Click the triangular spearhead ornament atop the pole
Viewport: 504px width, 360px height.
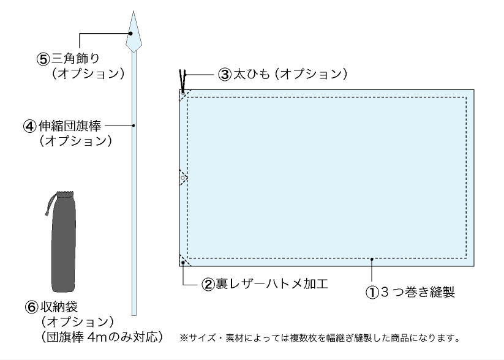click(134, 34)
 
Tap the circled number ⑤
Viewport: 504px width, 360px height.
click(43, 59)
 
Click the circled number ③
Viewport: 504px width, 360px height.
click(224, 75)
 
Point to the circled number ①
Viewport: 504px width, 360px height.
click(373, 292)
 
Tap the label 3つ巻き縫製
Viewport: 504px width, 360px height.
click(418, 292)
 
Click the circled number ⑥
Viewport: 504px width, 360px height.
click(43, 306)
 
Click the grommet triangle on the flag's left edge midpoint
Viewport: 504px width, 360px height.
click(182, 178)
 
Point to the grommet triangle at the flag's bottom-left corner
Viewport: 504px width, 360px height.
click(184, 261)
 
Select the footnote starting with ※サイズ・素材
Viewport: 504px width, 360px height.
click(319, 337)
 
